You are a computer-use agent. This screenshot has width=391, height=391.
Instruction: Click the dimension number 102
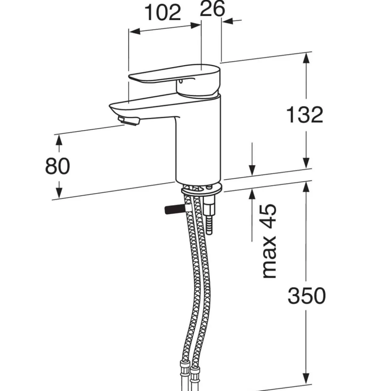pyautogui.click(x=163, y=13)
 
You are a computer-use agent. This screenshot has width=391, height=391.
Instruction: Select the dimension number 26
pyautogui.click(x=212, y=8)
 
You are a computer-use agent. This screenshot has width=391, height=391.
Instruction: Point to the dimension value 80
pyautogui.click(x=57, y=166)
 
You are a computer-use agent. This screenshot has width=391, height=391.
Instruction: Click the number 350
pyautogui.click(x=306, y=296)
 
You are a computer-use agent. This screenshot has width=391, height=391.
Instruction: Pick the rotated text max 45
pyautogui.click(x=269, y=241)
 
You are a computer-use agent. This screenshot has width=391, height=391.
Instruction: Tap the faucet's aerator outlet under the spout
pyautogui.click(x=129, y=121)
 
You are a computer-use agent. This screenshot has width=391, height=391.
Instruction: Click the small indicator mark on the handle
pyautogui.click(x=180, y=82)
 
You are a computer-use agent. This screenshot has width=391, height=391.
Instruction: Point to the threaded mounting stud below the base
pyautogui.click(x=209, y=226)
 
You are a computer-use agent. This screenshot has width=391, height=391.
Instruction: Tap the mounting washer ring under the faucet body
pyautogui.click(x=202, y=191)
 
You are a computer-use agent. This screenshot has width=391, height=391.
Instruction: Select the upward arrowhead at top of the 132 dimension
pyautogui.click(x=306, y=58)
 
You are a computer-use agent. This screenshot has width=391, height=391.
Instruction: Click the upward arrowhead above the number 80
pyautogui.click(x=59, y=140)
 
